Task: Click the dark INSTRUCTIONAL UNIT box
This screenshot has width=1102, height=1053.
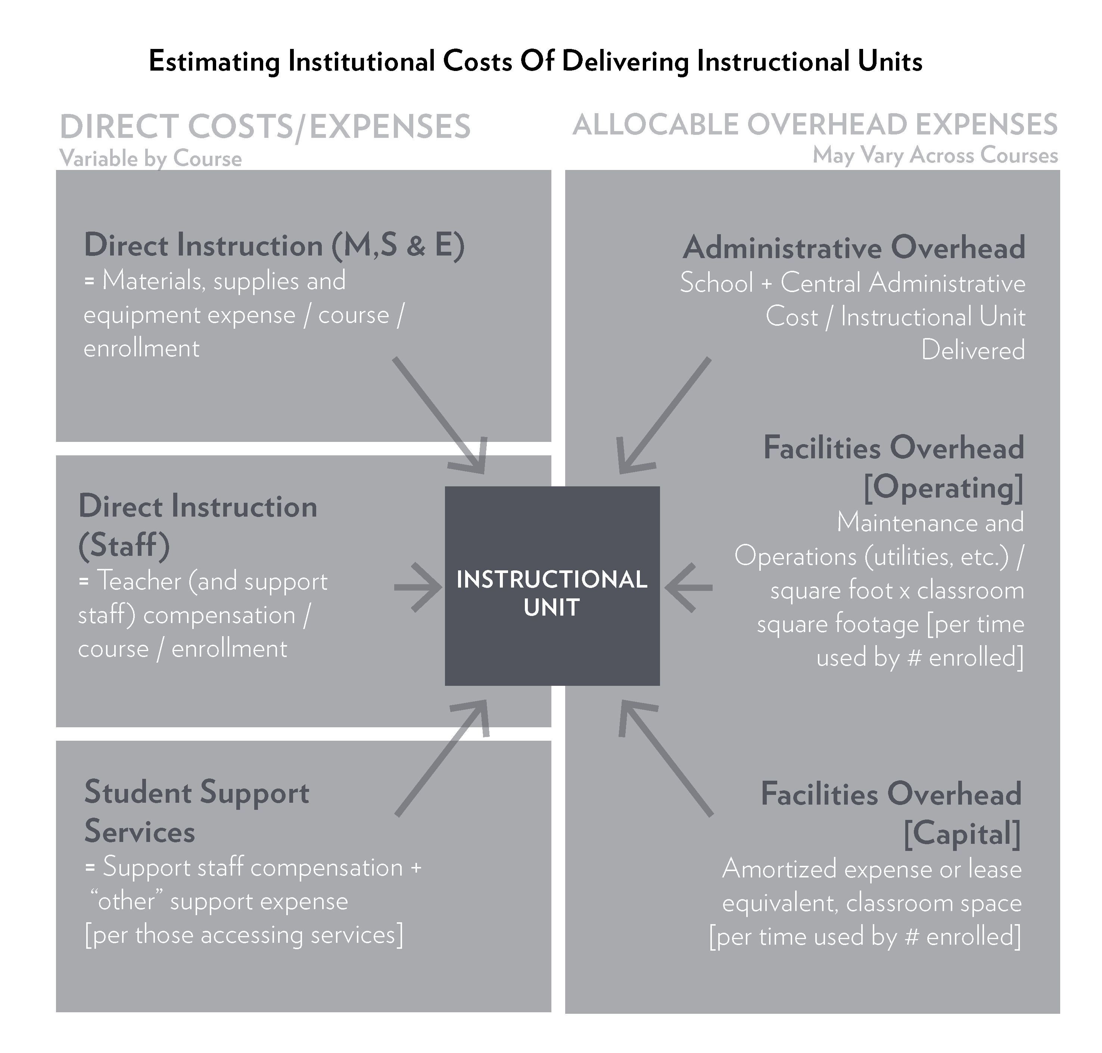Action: pos(552,586)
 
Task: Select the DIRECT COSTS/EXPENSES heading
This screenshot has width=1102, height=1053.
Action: pos(265,126)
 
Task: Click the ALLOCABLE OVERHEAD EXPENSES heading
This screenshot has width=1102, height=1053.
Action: pos(815,125)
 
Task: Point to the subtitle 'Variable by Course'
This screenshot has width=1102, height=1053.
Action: pos(150,158)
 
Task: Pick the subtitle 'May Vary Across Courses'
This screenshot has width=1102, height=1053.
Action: pos(935,155)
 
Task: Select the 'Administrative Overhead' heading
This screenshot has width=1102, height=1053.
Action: pos(853,248)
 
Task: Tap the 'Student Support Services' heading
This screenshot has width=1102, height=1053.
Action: pos(196,812)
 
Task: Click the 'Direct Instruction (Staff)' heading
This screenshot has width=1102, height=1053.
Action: pos(197,525)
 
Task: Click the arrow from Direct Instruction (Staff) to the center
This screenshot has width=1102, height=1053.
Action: pos(418,587)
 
